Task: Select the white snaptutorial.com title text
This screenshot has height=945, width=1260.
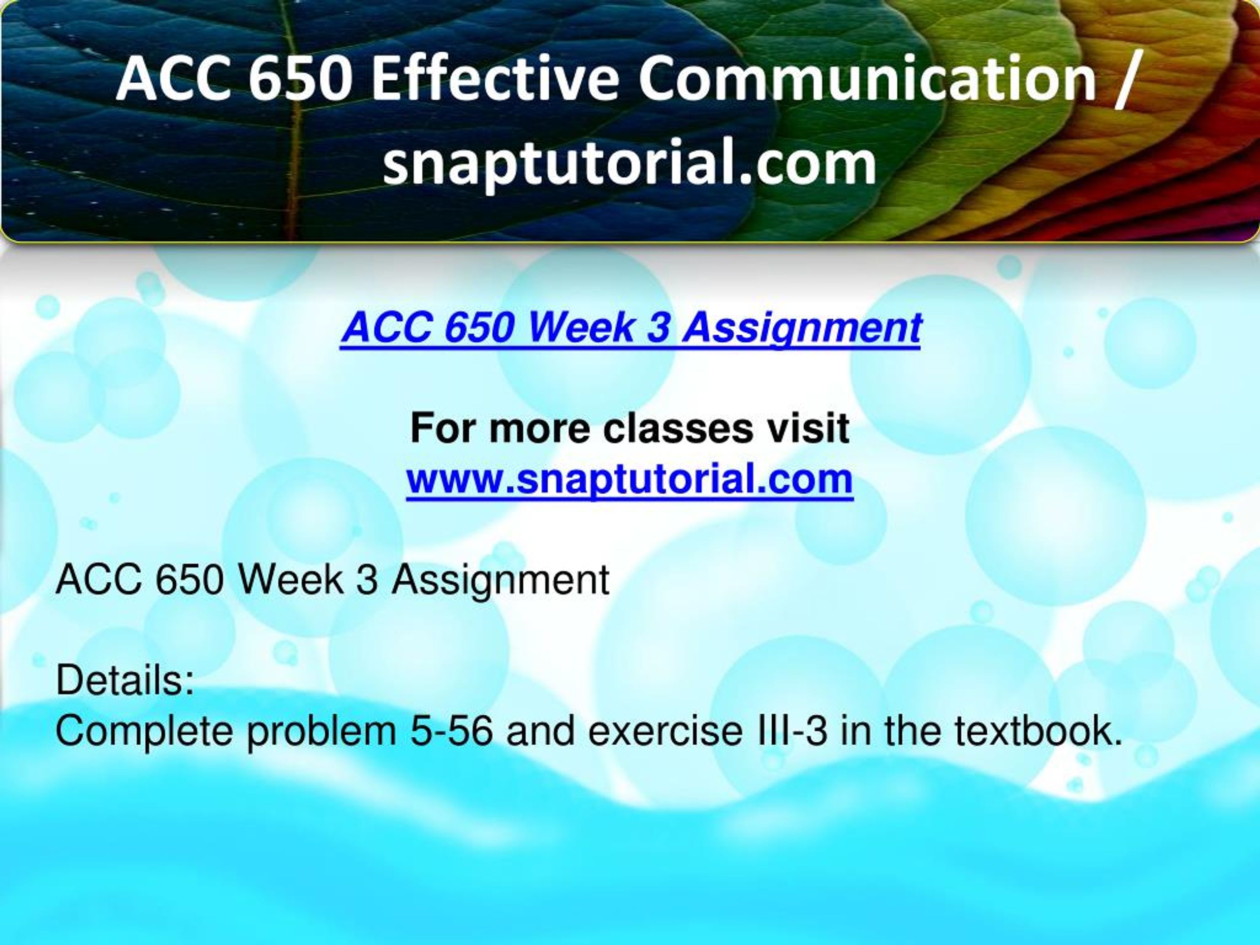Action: [630, 163]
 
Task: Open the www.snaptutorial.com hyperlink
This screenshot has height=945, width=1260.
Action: [630, 479]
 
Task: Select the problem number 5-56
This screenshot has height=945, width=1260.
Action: [450, 731]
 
